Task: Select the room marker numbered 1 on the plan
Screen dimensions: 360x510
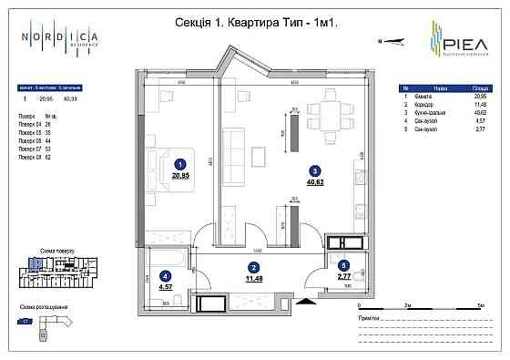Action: pyautogui.click(x=180, y=165)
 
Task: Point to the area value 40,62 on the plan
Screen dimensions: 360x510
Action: pyautogui.click(x=314, y=181)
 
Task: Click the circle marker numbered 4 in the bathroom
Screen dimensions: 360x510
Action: pyautogui.click(x=165, y=277)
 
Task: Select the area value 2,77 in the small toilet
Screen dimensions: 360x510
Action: pyautogui.click(x=343, y=276)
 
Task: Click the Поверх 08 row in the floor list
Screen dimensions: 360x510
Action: pyautogui.click(x=32, y=157)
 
